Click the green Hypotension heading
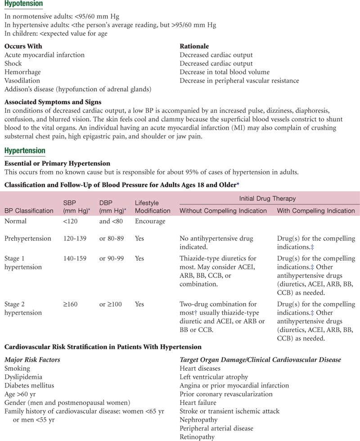(x=23, y=4)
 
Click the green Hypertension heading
(x=25, y=150)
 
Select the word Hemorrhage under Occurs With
(x=22, y=72)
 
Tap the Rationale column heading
(x=194, y=46)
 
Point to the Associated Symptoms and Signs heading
(x=53, y=102)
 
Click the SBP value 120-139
(x=75, y=238)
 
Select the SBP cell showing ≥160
(x=70, y=304)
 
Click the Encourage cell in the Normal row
(x=150, y=221)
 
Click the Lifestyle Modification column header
(x=153, y=207)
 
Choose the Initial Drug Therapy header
(x=267, y=198)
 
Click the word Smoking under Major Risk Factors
(x=17, y=368)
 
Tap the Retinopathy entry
(x=198, y=437)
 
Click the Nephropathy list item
(x=200, y=420)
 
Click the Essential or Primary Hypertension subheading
(x=57, y=163)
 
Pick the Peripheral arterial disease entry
(x=216, y=428)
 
